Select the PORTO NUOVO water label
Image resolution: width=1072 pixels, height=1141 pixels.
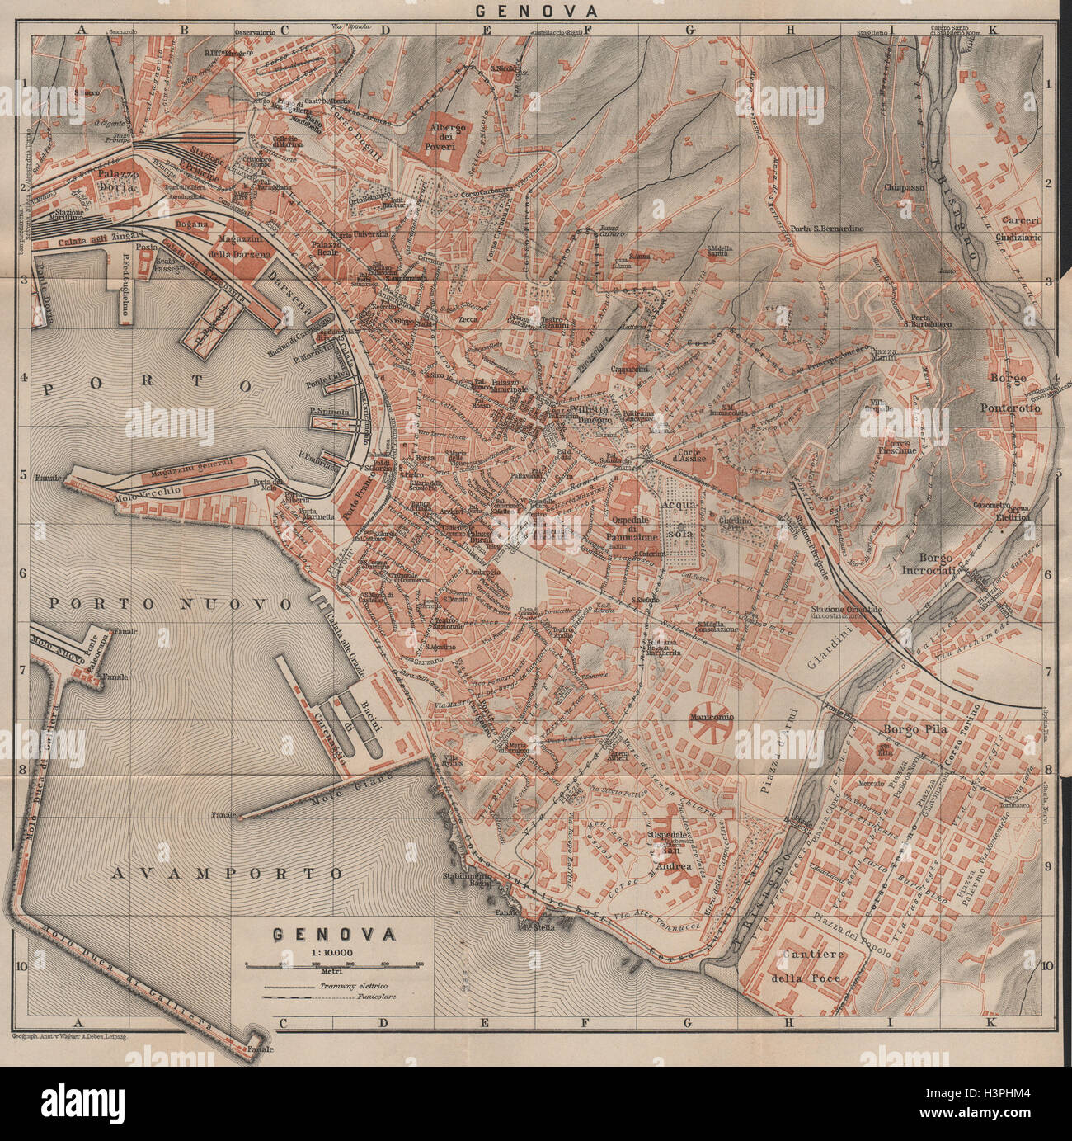pyautogui.click(x=170, y=604)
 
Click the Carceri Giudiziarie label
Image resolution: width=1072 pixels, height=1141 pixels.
pyautogui.click(x=1020, y=227)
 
